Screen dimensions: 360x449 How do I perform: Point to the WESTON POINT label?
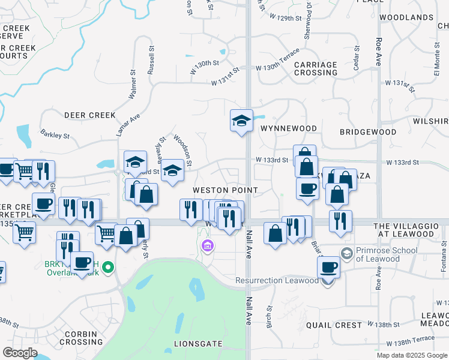225,190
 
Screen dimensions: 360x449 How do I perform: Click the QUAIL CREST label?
334,325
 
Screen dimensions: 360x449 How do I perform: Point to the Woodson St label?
182,151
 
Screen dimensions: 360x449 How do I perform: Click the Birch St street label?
270,315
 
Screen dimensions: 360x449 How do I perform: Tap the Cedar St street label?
356,58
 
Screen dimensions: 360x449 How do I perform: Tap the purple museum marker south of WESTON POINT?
208,245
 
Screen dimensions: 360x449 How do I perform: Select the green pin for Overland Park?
108,267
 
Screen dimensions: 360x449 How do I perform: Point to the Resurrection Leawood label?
277,280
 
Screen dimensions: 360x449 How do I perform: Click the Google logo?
20,353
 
